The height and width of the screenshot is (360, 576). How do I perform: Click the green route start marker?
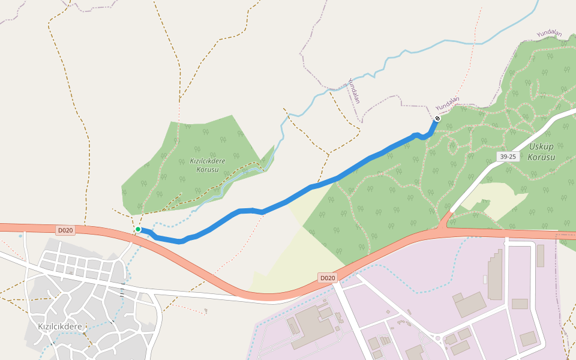138,229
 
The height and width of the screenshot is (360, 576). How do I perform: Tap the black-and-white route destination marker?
437,118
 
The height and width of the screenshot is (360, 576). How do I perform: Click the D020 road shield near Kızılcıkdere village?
65,230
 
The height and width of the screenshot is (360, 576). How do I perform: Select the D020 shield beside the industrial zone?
327,278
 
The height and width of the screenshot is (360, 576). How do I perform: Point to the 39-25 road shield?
508,157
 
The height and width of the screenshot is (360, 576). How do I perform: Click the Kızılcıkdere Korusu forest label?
208,165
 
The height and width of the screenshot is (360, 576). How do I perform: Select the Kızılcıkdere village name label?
59,326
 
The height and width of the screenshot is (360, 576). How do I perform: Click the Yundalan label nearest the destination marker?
447,104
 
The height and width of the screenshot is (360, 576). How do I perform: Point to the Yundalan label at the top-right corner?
550,34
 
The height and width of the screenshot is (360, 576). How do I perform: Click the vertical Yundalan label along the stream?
354,90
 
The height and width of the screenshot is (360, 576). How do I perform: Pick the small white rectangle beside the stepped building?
485,280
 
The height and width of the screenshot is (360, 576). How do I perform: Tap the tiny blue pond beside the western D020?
20,236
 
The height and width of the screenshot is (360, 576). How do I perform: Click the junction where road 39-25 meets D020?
446,224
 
